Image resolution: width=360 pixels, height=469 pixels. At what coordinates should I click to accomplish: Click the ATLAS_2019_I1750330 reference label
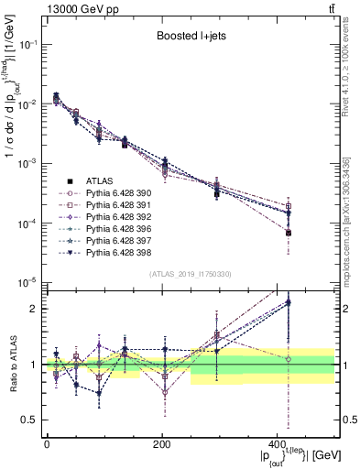point(191,274)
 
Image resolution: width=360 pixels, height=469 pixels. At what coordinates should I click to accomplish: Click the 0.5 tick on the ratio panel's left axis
point(33,420)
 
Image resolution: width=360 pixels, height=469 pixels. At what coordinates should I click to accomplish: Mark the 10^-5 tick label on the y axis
point(28,282)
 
